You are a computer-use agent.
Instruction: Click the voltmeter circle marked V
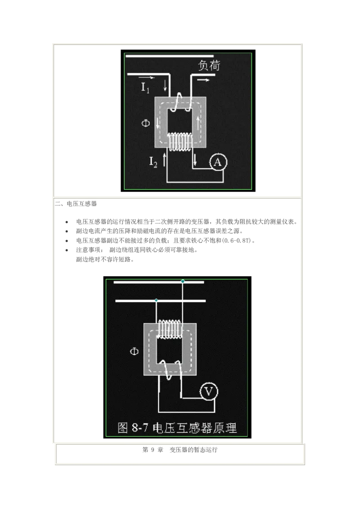point(209,391)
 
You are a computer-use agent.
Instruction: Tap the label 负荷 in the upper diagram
point(209,66)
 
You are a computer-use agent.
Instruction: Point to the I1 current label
point(145,87)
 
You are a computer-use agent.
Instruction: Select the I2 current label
point(153,162)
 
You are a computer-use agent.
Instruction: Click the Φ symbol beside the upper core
point(145,123)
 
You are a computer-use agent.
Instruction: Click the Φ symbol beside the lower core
point(134,351)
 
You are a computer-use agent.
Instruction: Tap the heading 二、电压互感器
point(76,204)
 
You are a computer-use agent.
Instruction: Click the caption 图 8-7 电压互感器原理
point(177,428)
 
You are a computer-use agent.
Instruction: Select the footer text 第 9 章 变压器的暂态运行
point(180,450)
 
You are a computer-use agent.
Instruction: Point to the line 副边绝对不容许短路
point(104,259)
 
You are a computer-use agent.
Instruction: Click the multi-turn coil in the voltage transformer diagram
point(169,329)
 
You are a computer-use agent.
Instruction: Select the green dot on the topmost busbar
point(183,281)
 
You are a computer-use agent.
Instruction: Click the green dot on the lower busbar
point(156,300)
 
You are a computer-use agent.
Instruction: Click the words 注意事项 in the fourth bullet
point(88,250)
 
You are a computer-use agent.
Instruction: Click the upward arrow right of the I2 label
point(164,160)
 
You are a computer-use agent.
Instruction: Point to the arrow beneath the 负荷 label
point(203,80)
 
